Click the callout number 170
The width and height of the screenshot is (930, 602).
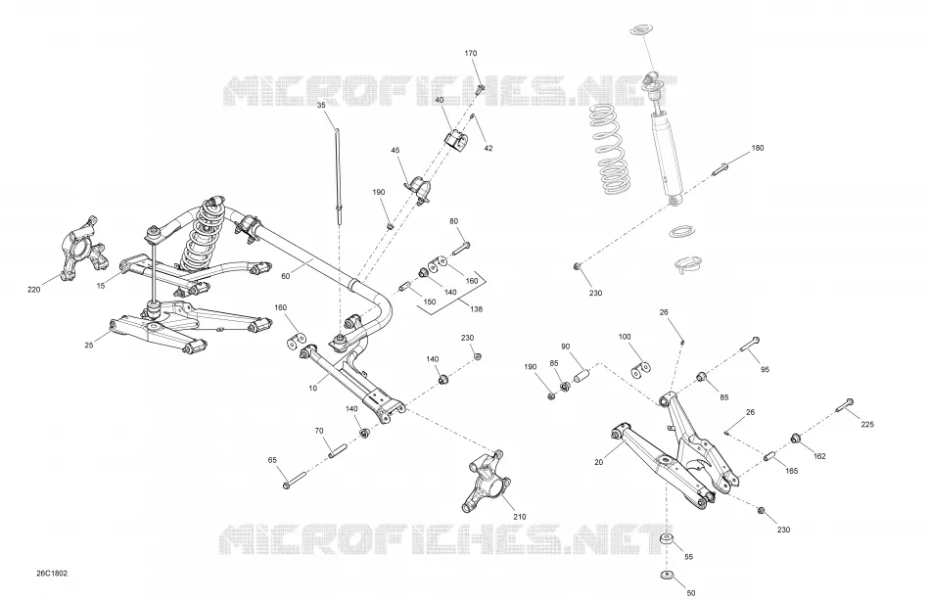click(x=470, y=54)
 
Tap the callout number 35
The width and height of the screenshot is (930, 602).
click(x=321, y=105)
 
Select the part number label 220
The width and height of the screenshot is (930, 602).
click(x=34, y=290)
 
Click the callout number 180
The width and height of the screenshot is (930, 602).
click(x=758, y=148)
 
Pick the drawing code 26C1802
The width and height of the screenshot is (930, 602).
click(x=52, y=574)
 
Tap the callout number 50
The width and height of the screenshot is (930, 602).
click(x=690, y=593)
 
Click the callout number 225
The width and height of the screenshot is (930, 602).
click(x=867, y=424)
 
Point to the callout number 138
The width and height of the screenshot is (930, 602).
click(x=476, y=309)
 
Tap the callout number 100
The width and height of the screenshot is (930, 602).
click(x=625, y=337)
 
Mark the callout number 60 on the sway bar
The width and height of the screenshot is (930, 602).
click(x=285, y=276)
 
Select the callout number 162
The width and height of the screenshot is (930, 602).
click(x=819, y=456)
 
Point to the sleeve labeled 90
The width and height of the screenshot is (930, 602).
click(x=581, y=377)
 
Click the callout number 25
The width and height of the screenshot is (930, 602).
click(x=89, y=346)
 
